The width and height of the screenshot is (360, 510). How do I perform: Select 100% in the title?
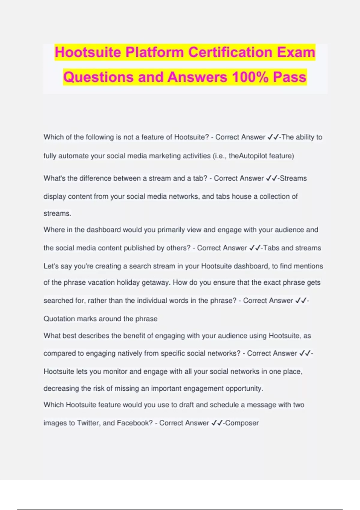point(250,77)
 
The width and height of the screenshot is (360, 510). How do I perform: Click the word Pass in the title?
point(289,77)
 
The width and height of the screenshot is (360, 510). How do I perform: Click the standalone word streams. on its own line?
point(57,214)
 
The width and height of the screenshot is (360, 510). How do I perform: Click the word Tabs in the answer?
point(271,248)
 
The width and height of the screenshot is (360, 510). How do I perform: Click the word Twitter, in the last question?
point(88,423)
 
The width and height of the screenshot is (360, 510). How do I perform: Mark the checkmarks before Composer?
point(217,423)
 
